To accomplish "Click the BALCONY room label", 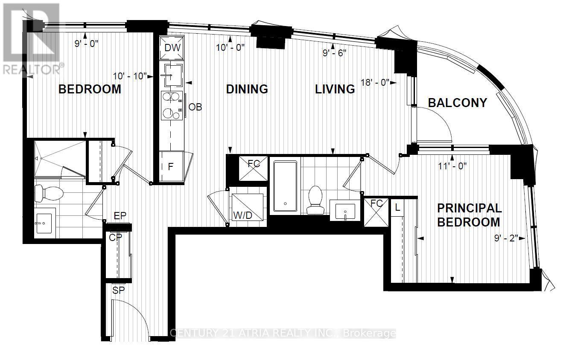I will point(457,103).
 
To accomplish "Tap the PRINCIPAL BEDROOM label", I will point(469,215).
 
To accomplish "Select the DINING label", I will point(247,89).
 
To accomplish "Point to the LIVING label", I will point(335,89).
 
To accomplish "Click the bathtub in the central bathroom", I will point(285,186).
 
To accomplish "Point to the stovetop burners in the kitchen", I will point(172,105).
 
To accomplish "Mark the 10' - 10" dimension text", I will point(130,76).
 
